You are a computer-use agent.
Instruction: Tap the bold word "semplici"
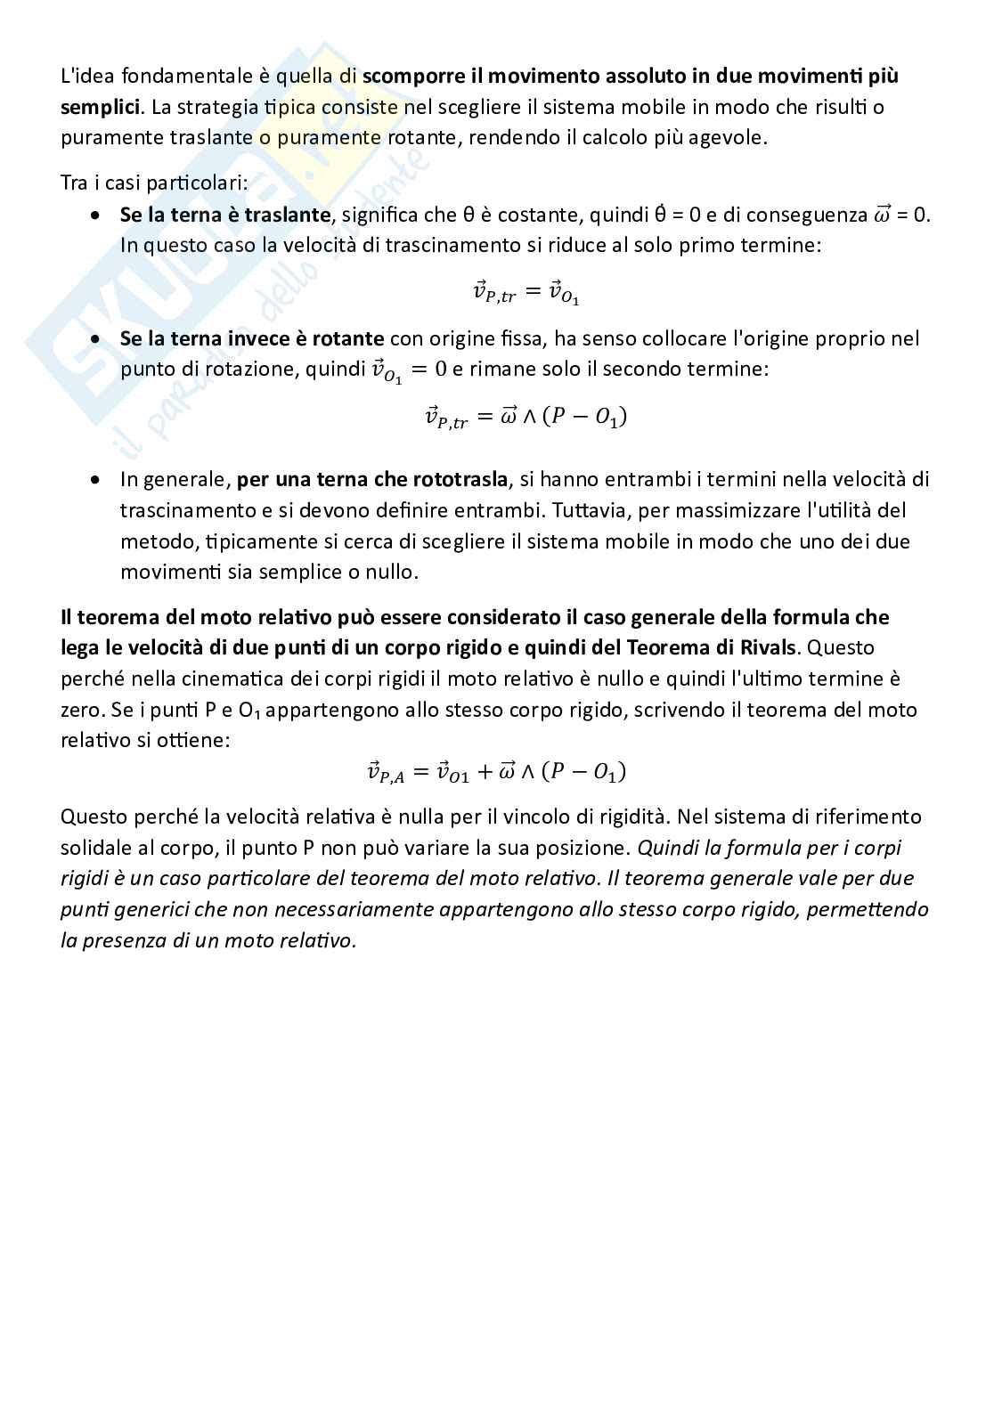coord(100,107)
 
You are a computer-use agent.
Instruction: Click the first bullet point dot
coord(96,215)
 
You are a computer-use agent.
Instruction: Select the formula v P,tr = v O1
coord(526,291)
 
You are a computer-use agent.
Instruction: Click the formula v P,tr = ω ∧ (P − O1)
coord(526,417)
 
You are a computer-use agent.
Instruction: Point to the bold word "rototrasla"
coord(460,480)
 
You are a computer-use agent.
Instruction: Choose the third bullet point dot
coord(96,480)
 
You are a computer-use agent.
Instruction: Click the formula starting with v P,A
coord(497,772)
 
